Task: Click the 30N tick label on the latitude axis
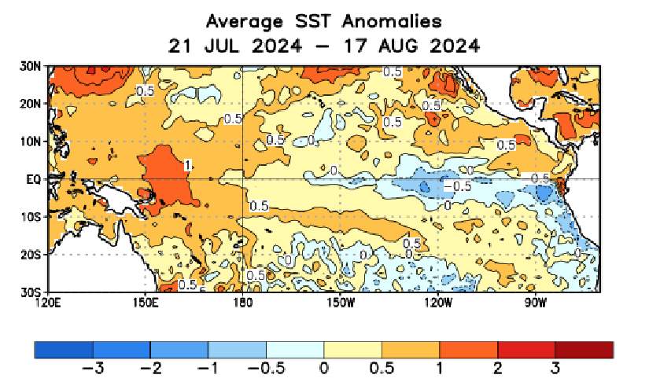(31, 68)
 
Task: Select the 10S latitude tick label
(31, 217)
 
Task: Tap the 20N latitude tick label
(31, 104)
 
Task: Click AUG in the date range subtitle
(391, 46)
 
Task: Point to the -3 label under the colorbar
(93, 367)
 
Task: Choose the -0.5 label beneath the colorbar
(265, 367)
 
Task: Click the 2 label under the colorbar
(497, 367)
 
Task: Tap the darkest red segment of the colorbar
(584, 349)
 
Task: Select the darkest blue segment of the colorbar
(64, 349)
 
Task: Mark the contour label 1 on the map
(187, 165)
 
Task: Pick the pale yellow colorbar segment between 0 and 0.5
(352, 349)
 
